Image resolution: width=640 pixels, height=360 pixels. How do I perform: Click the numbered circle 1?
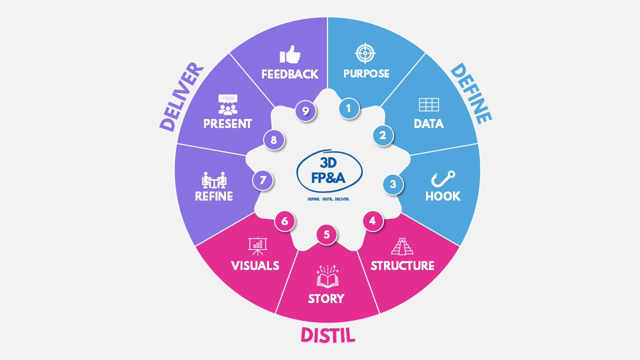point(349,108)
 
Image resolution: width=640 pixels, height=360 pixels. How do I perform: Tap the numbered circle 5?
point(327,234)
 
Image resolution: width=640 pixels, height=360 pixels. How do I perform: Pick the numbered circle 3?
point(393,185)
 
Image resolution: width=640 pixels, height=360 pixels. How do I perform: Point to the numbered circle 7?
point(262,180)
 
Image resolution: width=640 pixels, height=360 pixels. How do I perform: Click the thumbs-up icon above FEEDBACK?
point(290,54)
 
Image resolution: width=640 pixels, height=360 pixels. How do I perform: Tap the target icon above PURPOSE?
point(366,53)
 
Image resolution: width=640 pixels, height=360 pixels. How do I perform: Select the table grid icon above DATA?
point(428,105)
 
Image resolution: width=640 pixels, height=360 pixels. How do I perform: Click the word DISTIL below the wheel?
point(327,335)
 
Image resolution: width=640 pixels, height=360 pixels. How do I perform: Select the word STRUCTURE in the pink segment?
point(403,266)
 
